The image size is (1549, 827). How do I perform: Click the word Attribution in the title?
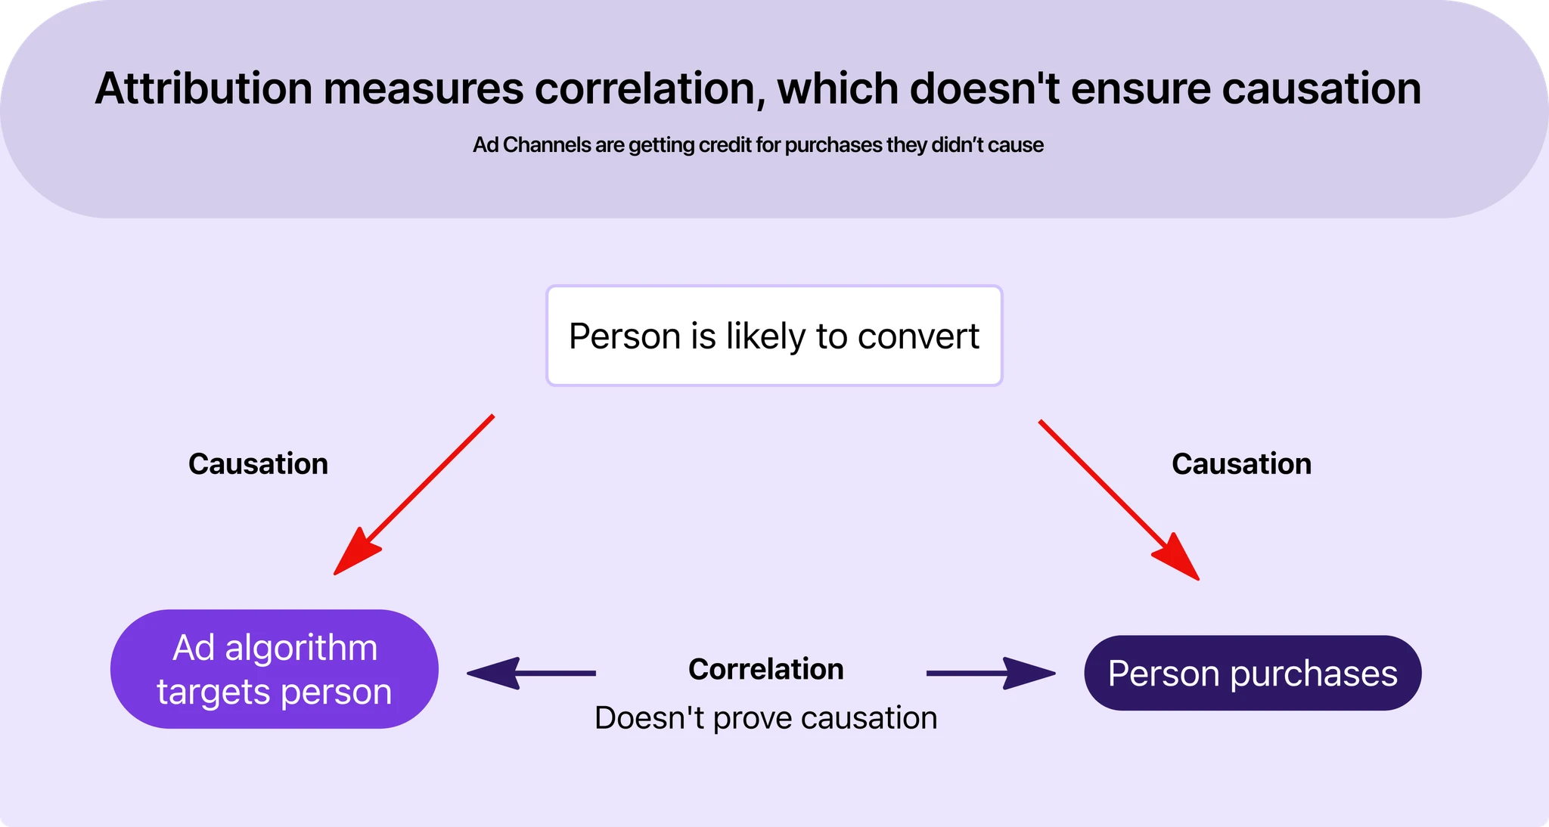pos(203,88)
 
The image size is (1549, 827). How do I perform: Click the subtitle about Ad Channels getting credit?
pos(758,145)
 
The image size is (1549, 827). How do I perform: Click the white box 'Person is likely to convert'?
pos(774,336)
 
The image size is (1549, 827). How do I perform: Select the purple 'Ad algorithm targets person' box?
pos(274,669)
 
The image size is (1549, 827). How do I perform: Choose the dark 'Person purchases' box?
pos(1253,673)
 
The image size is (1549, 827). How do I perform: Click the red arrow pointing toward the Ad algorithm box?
pos(414,494)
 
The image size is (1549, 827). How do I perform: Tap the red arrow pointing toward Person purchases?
pos(1119,500)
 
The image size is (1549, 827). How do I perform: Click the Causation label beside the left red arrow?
pos(258,464)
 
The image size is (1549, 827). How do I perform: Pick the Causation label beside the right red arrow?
pos(1241,464)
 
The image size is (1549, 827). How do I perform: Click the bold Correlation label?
pos(765,669)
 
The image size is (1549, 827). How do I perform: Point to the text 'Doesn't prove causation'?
pos(765,718)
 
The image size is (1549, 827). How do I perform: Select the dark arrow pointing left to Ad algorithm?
pos(530,672)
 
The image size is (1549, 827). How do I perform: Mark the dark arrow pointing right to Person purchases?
pos(991,673)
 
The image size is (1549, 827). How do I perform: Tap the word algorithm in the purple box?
pos(301,649)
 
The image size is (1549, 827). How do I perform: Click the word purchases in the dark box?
pos(1314,674)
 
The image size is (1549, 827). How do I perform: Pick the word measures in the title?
pos(424,88)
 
